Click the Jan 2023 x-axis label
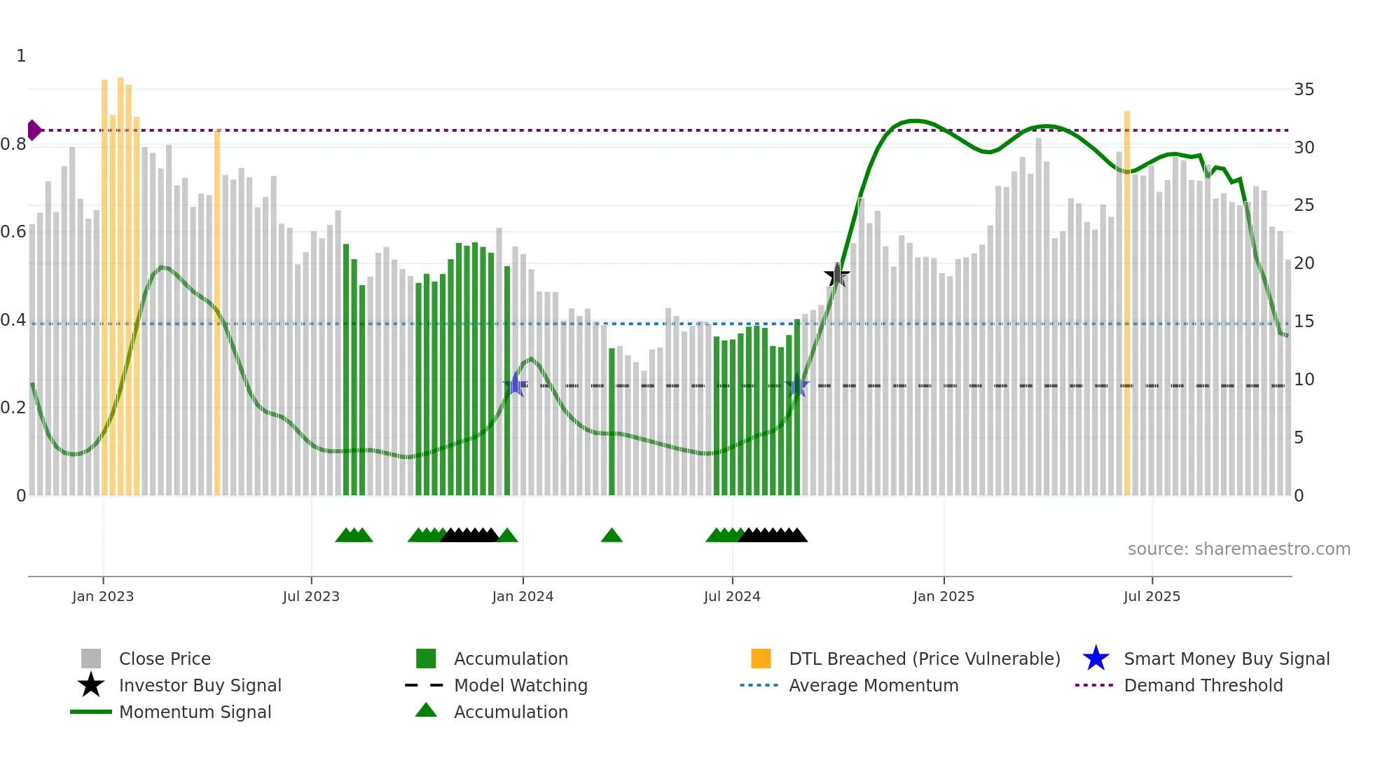102,596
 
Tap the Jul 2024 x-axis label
732,596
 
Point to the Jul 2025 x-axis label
1152,596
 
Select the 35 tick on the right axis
1304,90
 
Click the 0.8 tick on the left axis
14,144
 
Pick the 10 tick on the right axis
1304,380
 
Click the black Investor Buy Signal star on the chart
836,275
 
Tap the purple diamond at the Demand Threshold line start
34,130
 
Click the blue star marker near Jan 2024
516,385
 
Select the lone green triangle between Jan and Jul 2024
612,536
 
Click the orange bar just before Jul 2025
1127,301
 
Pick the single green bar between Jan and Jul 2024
612,420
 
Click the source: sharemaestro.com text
1239,549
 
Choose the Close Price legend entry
165,659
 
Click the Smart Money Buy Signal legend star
1096,659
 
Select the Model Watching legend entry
520,685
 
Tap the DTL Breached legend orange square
761,659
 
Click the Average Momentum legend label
874,685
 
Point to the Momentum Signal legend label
195,712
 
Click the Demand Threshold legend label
1203,685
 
